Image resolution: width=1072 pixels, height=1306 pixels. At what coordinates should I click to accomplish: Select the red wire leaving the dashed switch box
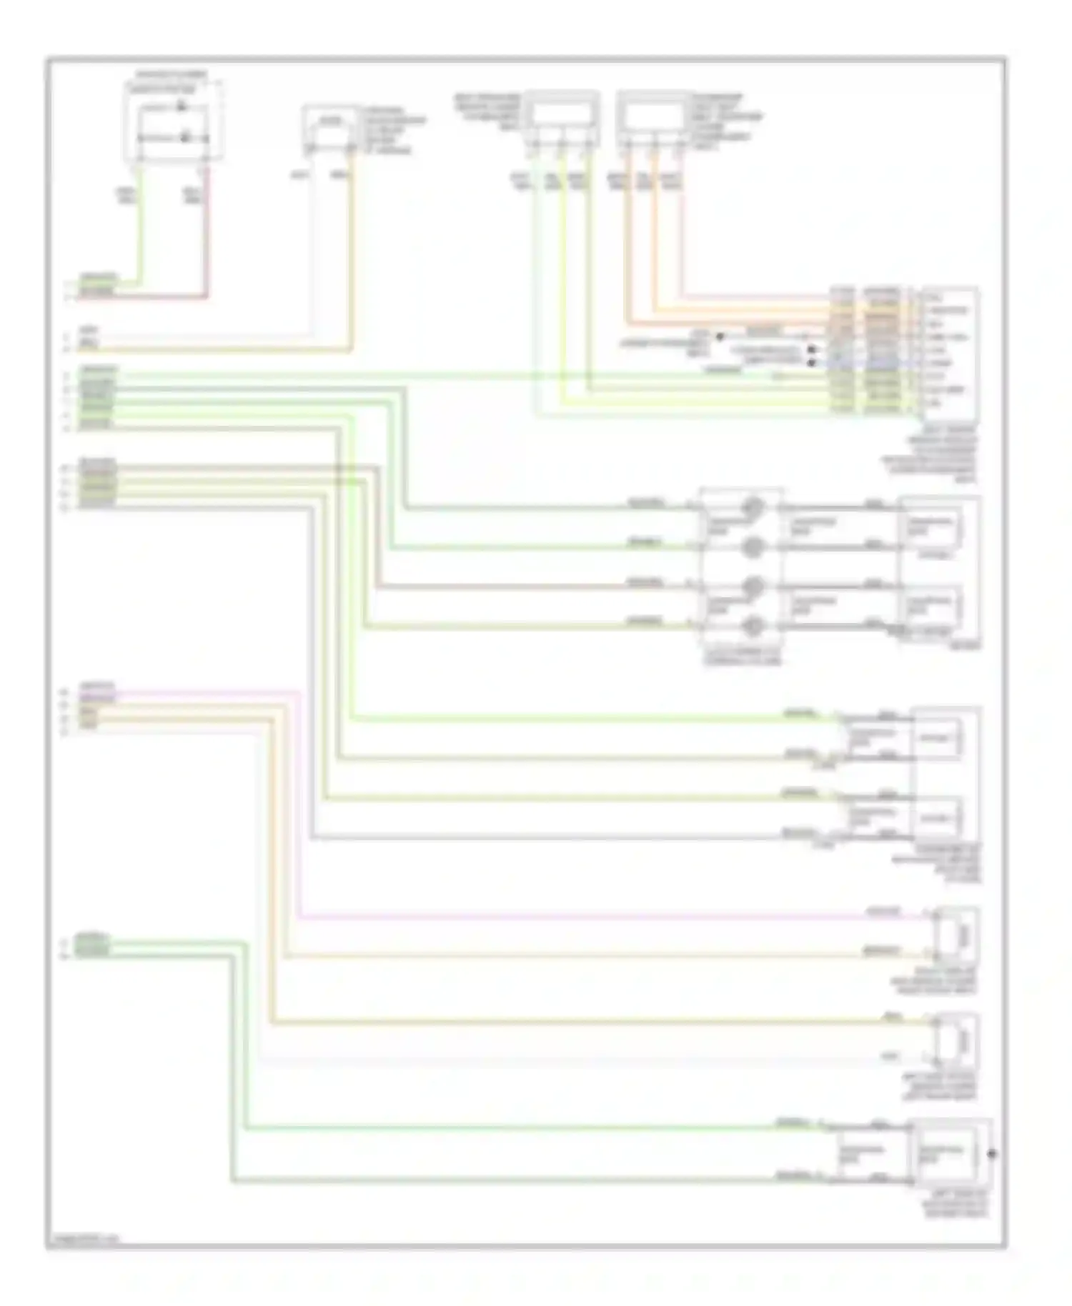207,236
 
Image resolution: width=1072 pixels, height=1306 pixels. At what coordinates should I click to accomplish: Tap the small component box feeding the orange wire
329,129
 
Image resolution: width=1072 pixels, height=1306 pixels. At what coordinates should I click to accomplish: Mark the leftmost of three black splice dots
720,337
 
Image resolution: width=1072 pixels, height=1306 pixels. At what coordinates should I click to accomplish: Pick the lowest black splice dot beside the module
811,363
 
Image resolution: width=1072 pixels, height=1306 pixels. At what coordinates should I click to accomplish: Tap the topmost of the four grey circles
752,508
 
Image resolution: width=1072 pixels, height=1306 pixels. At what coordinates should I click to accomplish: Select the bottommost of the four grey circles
752,627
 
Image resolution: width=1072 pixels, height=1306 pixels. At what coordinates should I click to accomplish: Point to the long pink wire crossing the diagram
572,917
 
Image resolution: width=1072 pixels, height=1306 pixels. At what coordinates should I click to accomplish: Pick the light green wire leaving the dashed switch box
139,229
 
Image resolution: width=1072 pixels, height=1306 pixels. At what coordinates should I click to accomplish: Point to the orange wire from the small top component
351,250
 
